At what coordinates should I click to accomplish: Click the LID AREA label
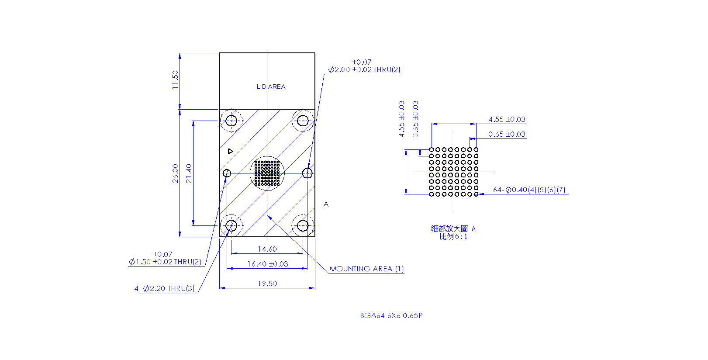click(x=271, y=87)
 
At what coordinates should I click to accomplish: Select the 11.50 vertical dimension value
click(x=175, y=80)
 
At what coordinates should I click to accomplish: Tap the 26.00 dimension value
click(x=175, y=173)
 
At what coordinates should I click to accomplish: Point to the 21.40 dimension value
click(x=189, y=173)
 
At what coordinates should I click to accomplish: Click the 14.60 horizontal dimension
click(x=267, y=249)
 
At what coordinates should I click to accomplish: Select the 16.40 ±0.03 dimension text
click(x=267, y=264)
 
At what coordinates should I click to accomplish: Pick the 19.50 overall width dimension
click(x=267, y=284)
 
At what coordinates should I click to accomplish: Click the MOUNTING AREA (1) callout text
click(x=366, y=269)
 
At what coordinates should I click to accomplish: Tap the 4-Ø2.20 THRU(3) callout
click(x=164, y=288)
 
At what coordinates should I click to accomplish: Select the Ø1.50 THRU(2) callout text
click(x=165, y=258)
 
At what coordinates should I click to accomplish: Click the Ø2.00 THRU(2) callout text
click(x=364, y=66)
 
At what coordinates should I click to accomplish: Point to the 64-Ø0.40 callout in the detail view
click(x=529, y=190)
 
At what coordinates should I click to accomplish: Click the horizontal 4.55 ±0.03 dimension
click(x=507, y=119)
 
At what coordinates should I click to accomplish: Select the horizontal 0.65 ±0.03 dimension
click(x=507, y=134)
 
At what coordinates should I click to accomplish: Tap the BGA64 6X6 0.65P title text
click(x=391, y=315)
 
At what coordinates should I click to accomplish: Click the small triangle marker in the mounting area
click(x=231, y=152)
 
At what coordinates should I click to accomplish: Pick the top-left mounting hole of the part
click(x=231, y=121)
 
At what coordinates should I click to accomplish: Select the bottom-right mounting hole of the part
click(x=303, y=226)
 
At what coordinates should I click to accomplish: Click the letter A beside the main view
click(x=326, y=204)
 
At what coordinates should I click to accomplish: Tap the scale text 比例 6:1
click(x=453, y=236)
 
